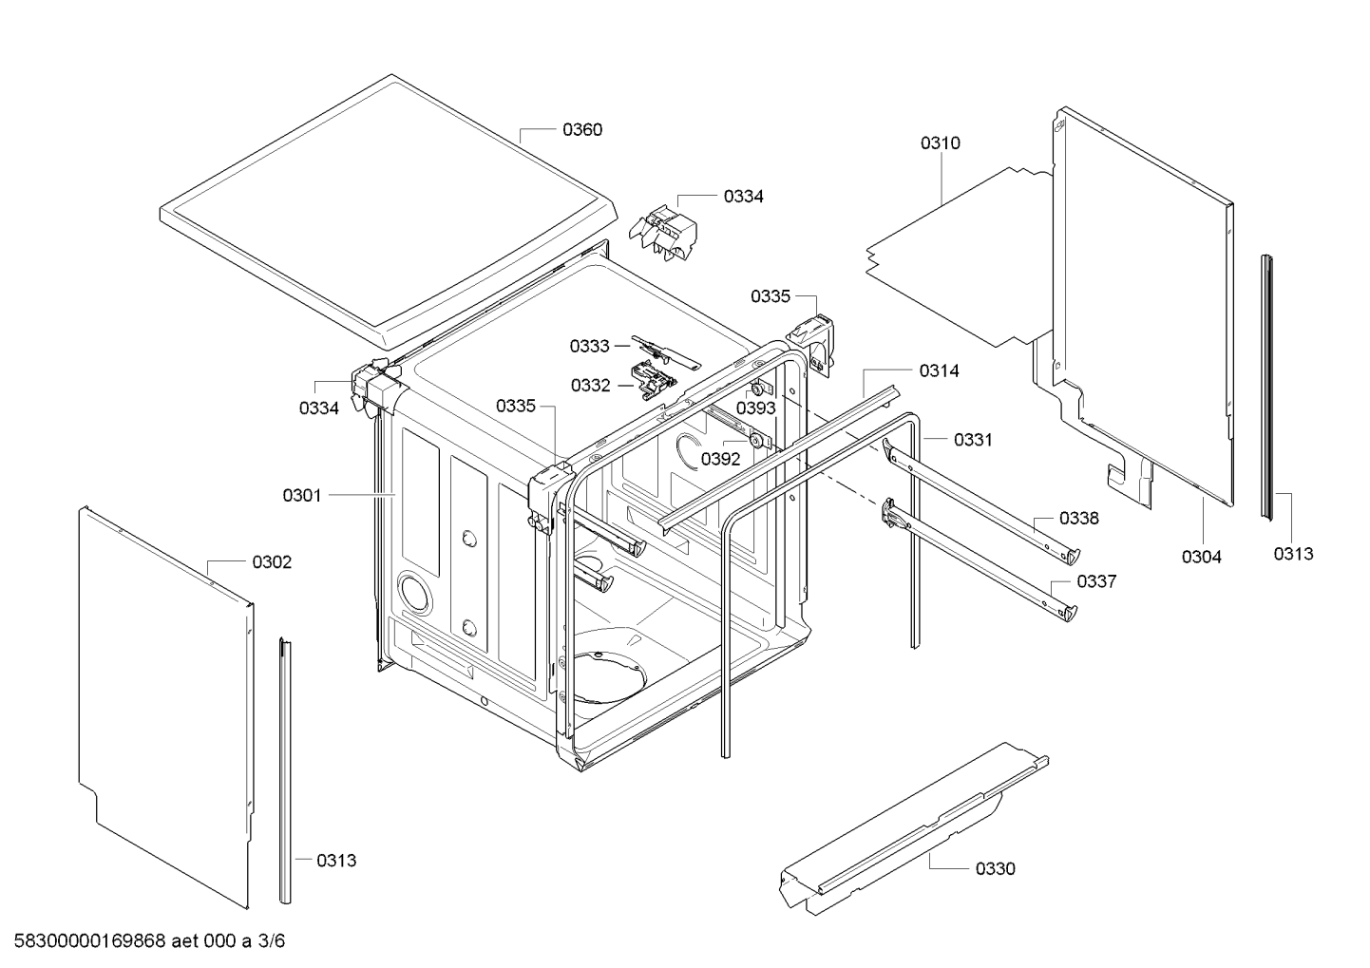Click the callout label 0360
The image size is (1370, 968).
(582, 129)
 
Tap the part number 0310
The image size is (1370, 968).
(940, 143)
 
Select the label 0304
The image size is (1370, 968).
(1201, 557)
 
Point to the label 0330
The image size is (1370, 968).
(995, 869)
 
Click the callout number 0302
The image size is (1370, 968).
(272, 562)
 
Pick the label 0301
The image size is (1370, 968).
(301, 495)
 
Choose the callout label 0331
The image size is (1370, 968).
(973, 440)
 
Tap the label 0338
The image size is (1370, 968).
(1079, 519)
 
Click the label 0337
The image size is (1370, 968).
(1096, 581)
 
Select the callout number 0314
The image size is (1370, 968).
(939, 370)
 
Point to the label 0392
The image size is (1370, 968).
(720, 459)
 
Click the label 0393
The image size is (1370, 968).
(755, 408)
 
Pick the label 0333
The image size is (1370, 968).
(590, 347)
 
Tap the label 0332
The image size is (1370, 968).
(590, 386)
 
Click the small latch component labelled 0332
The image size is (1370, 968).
(653, 379)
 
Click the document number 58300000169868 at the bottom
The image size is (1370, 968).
(89, 941)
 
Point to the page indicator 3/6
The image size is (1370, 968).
(272, 941)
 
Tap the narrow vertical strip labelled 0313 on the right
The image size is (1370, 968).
(1267, 388)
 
